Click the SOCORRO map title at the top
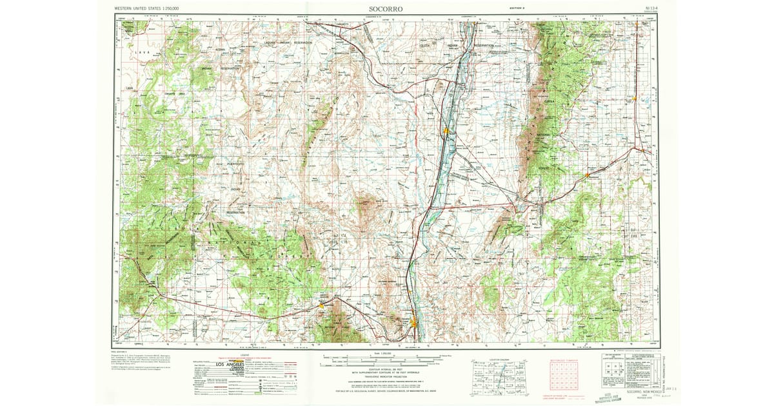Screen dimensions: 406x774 [x=387, y=9]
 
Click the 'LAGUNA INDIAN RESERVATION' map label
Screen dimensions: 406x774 [x=287, y=43]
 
